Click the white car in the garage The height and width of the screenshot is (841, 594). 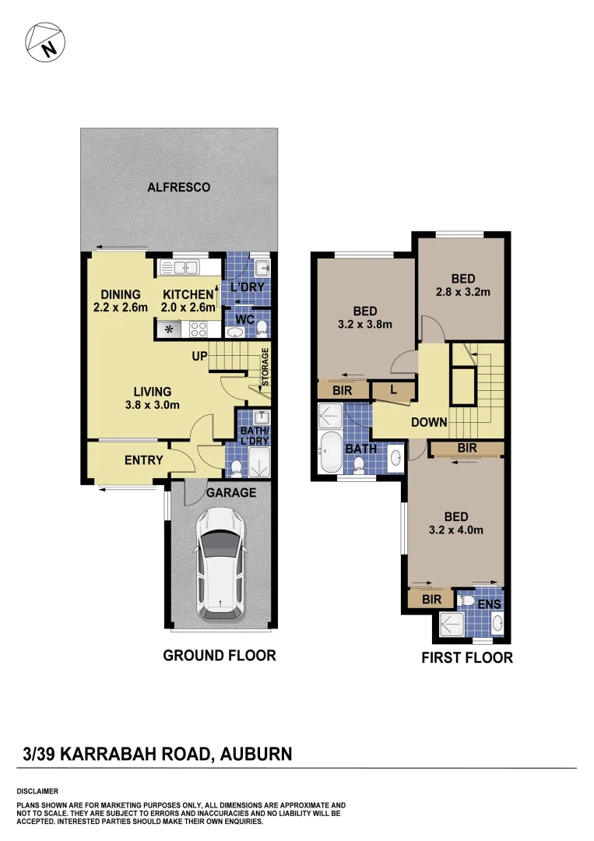220,563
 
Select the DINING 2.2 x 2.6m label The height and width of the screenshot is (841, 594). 120,301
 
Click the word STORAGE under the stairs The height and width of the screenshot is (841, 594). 265,367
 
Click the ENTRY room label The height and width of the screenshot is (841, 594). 144,460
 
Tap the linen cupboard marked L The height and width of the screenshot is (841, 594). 393,390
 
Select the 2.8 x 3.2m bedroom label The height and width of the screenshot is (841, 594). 462,286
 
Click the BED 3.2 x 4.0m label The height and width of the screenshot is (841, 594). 455,523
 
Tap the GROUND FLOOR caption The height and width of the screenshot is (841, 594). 219,656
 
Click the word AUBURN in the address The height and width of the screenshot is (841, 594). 256,754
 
